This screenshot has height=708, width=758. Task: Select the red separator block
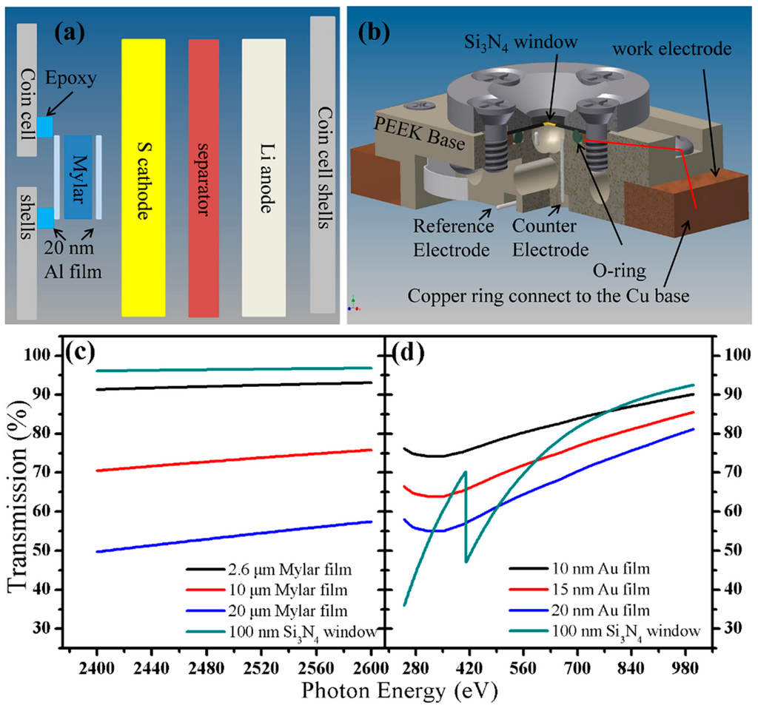click(204, 178)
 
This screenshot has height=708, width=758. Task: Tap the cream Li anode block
click(264, 178)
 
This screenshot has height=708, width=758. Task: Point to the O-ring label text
click(614, 272)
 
